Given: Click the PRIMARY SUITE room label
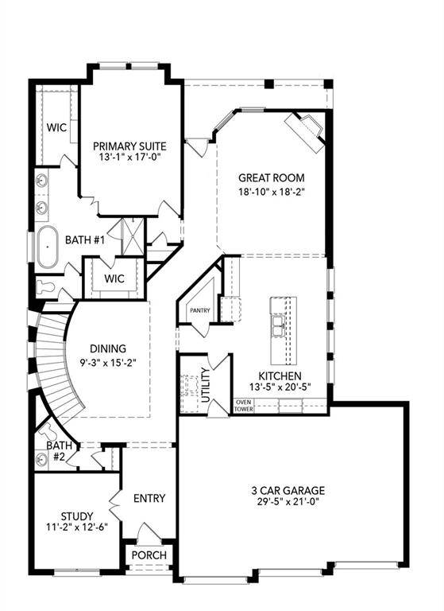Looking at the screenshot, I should click(x=129, y=146).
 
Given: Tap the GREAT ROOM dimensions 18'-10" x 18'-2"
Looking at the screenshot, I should click(x=271, y=191).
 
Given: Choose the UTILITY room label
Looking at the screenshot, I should click(x=207, y=384).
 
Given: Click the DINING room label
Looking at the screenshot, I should click(x=108, y=348).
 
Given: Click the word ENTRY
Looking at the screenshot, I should click(x=149, y=498).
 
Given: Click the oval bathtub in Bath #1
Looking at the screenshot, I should click(x=47, y=247).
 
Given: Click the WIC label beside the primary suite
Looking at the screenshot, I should click(x=56, y=127).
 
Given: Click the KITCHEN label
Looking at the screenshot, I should click(x=280, y=376).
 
